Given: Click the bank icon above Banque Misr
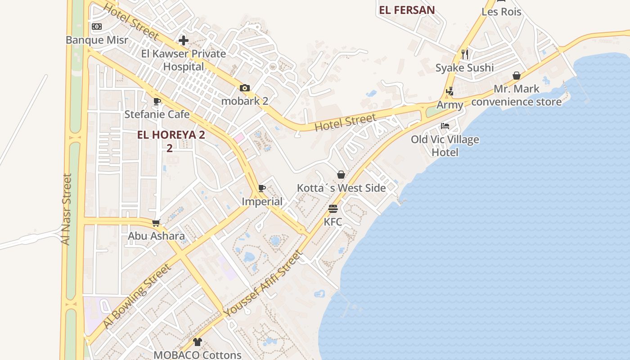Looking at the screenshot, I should [97, 27].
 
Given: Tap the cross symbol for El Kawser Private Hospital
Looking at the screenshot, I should [183, 40].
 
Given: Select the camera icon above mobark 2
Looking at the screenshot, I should [244, 88].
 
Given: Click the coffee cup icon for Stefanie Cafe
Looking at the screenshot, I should [157, 102].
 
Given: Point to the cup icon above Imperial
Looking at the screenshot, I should [262, 189].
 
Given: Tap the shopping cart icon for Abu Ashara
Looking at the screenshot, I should [156, 223].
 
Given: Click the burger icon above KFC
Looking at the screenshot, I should [333, 209].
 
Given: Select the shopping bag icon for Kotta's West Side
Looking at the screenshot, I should [341, 175].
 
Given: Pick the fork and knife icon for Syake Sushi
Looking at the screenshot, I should [465, 54].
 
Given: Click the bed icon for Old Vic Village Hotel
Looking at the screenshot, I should [445, 126].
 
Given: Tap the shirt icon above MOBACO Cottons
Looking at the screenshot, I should [197, 342].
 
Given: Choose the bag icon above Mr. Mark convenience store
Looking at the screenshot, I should [516, 76].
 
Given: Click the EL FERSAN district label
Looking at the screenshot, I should [407, 10].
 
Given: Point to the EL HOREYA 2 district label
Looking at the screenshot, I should [171, 135].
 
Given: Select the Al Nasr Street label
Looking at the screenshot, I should [67, 209].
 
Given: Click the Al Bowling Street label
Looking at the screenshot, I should [137, 296].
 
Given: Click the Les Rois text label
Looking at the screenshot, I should [501, 12].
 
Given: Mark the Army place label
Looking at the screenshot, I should [450, 105].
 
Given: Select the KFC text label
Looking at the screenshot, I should [333, 222].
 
